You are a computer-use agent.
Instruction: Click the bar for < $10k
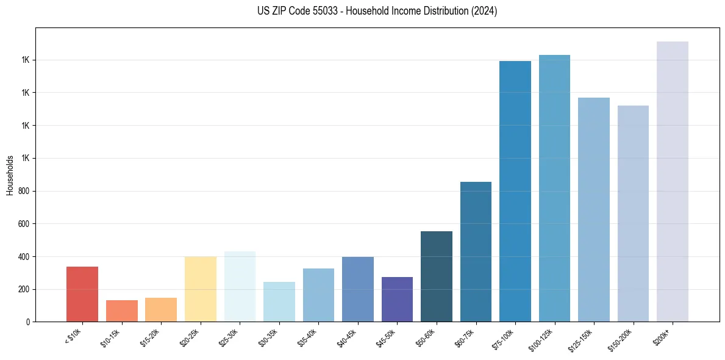(x=82, y=294)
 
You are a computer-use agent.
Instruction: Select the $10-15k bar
(x=122, y=311)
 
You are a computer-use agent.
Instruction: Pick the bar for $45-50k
(x=397, y=299)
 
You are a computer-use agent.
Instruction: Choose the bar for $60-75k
(x=476, y=251)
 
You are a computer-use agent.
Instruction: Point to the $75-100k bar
(x=515, y=191)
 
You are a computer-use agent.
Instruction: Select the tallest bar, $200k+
(x=673, y=181)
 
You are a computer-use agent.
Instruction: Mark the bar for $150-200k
(x=633, y=214)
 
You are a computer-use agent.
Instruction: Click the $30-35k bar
(x=279, y=301)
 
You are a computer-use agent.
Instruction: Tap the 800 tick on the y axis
(x=23, y=191)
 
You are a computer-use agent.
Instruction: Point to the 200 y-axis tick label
(x=23, y=289)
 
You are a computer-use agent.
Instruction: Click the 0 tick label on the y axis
(x=27, y=322)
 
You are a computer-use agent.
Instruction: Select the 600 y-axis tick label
(x=23, y=224)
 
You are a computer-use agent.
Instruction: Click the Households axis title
(x=10, y=175)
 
